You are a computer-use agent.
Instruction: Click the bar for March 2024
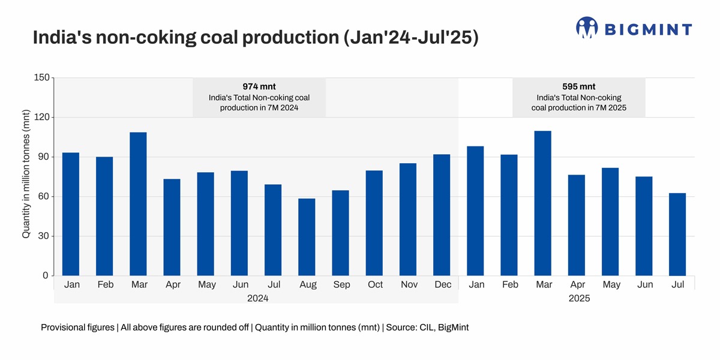(x=138, y=204)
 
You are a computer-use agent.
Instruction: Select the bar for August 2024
(x=307, y=237)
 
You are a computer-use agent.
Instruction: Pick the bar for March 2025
(x=542, y=203)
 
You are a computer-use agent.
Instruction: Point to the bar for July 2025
(x=677, y=235)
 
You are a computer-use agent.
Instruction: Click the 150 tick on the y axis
(x=41, y=78)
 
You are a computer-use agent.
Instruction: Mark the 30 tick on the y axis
(x=43, y=236)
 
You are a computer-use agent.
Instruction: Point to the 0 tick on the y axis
(x=46, y=276)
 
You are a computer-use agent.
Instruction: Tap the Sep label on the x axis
(x=341, y=285)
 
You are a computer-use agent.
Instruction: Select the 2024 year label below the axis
(x=256, y=298)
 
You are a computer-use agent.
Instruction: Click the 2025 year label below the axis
(x=579, y=298)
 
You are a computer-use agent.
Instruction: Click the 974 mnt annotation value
(x=259, y=86)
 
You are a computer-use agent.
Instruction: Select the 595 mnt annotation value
(x=578, y=86)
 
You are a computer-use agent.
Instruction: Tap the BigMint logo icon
(x=587, y=28)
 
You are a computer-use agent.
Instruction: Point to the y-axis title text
(x=26, y=174)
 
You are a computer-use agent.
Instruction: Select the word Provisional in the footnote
(x=64, y=328)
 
